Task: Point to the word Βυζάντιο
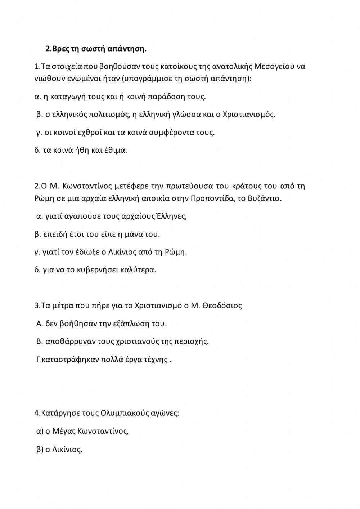click(x=264, y=198)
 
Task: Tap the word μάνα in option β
click(x=134, y=235)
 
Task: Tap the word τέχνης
click(x=156, y=360)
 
